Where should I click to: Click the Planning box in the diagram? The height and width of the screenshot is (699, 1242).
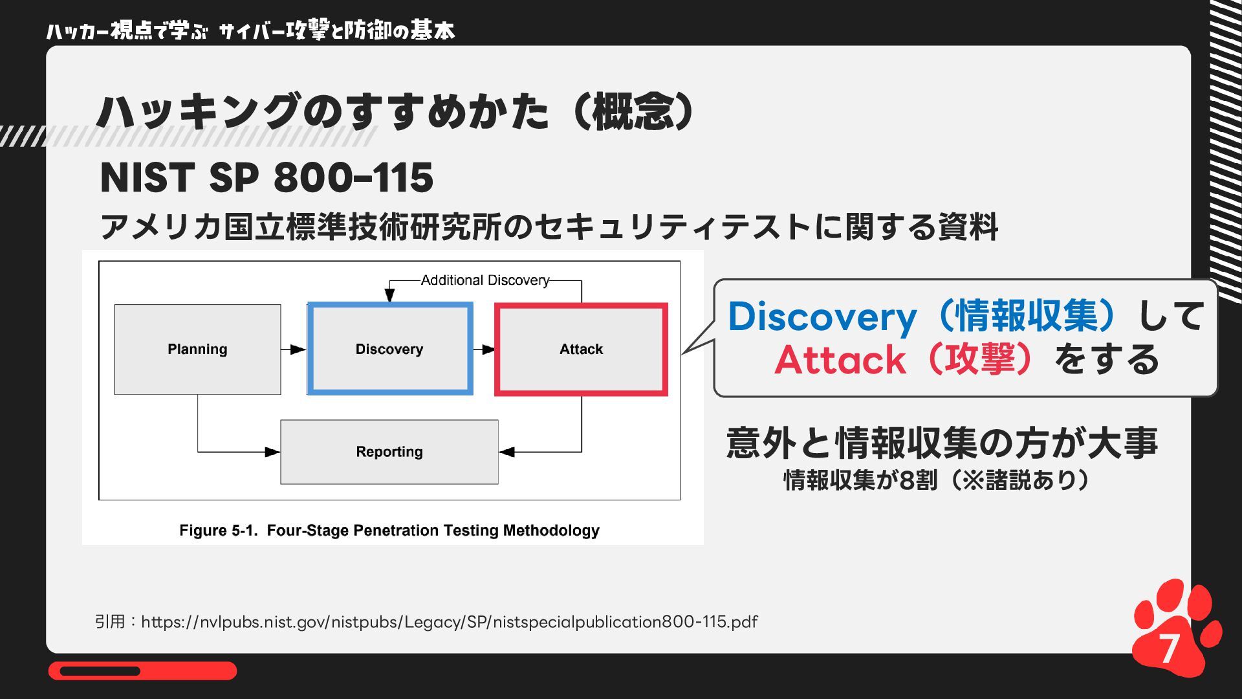[197, 349]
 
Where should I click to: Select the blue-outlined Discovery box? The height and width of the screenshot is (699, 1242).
[389, 349]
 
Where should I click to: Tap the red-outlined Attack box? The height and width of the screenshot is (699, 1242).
[581, 349]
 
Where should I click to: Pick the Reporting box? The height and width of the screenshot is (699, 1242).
[389, 452]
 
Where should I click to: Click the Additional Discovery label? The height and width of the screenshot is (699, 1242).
[485, 280]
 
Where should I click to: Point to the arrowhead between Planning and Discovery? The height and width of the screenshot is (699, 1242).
[298, 349]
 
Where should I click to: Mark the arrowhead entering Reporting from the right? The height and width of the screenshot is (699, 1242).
[507, 452]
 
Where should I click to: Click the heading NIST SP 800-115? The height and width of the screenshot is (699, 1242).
[267, 178]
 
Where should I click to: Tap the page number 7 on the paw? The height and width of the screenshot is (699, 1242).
[1168, 648]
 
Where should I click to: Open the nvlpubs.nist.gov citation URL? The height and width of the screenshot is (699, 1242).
[449, 622]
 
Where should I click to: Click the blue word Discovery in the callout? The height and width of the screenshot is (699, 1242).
[822, 317]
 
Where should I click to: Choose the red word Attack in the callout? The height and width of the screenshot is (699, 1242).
[840, 361]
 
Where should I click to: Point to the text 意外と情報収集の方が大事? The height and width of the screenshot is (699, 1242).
[941, 443]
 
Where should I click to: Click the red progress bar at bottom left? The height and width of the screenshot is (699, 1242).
[142, 671]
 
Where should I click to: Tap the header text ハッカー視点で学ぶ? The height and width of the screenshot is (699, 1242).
[126, 31]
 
